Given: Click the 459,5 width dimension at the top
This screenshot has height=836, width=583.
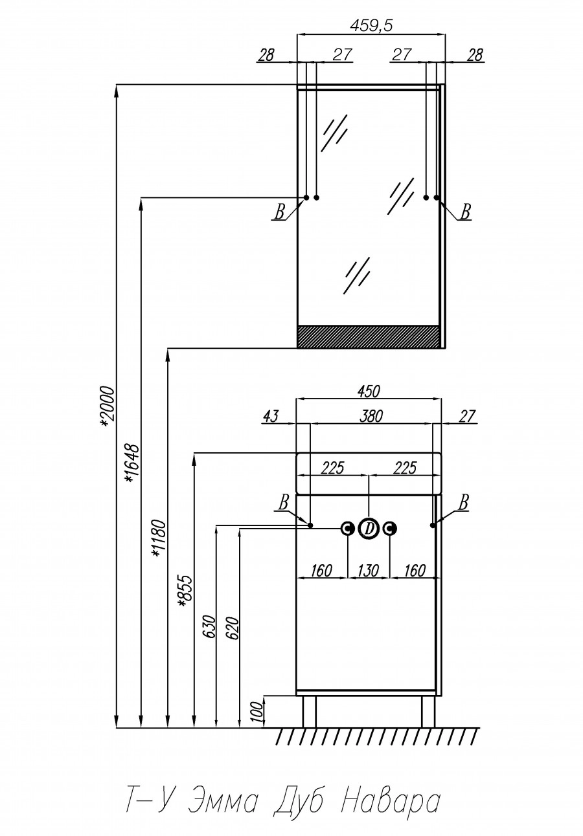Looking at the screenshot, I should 371,25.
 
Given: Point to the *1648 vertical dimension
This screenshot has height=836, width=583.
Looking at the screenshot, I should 132,463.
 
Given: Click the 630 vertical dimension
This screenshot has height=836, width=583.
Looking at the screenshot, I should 209,626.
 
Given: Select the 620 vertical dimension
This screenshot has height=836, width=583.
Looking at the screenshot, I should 233,628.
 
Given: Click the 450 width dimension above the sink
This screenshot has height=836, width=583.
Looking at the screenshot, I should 368,391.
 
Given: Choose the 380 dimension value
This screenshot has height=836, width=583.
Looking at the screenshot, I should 371,416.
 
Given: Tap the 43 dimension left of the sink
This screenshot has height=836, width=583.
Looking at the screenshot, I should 270,416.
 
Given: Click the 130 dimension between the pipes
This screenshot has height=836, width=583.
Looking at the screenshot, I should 368,570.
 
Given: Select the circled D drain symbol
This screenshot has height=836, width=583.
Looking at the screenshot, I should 369,529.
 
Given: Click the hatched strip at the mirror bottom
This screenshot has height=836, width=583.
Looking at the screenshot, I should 368,336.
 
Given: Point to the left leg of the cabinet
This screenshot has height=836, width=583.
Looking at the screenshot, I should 309,711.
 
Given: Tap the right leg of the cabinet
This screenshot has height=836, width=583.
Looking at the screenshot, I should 428,711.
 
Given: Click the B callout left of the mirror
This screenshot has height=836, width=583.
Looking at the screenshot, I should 280,212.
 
